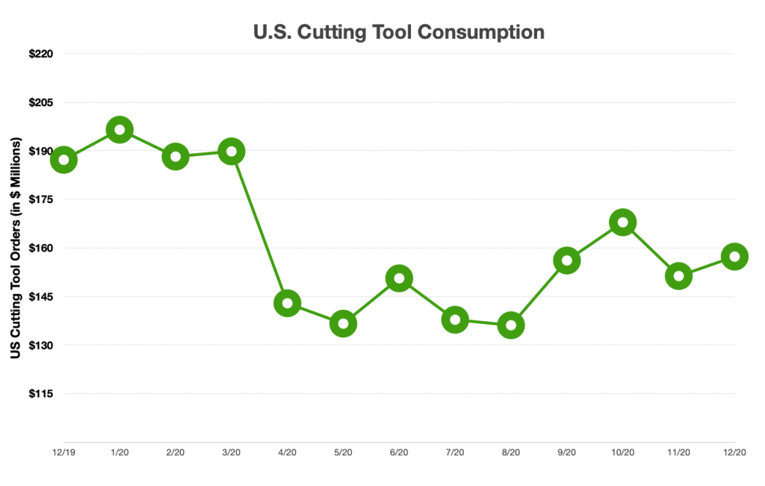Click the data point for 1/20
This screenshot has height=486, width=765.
coord(120,130)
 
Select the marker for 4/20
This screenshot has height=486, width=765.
coord(288,303)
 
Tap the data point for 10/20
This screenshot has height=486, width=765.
coord(622,222)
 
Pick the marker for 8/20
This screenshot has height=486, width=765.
coord(511,325)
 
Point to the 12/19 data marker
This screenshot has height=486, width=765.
coord(64,159)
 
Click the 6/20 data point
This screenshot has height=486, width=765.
coord(399,278)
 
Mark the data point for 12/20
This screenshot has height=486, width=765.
coord(734,257)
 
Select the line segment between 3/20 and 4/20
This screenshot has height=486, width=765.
coord(259,228)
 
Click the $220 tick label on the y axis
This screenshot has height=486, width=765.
coord(35,54)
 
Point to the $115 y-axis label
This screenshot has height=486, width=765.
coord(35,393)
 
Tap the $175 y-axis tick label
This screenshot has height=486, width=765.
coord(35,199)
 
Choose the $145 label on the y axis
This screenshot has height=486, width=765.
coord(35,296)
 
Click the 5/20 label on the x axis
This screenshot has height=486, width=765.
coord(343,452)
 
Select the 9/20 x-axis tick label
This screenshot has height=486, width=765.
coord(567,452)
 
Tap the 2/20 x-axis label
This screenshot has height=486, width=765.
coord(176,452)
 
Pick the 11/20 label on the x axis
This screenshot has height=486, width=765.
coord(678,452)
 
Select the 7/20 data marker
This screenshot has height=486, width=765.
coord(455,320)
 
